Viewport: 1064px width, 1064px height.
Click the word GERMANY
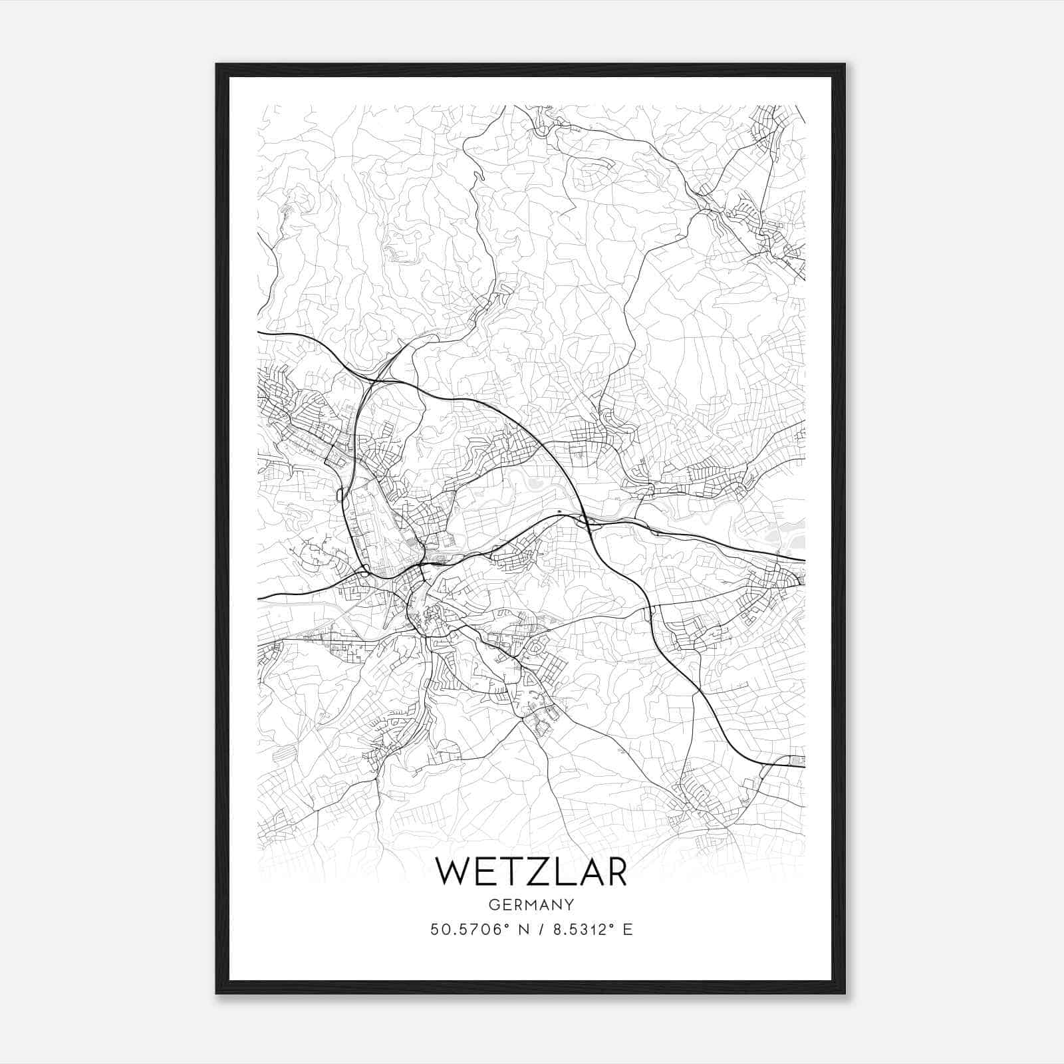click(x=531, y=904)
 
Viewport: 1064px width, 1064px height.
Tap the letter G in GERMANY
click(x=493, y=904)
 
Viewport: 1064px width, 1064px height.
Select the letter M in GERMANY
click(x=531, y=904)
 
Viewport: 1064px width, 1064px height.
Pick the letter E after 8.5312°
click(x=627, y=930)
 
